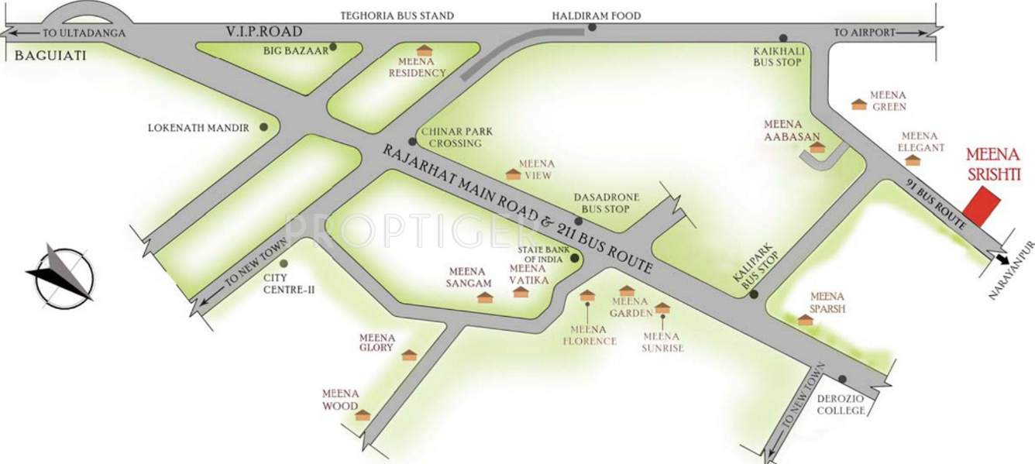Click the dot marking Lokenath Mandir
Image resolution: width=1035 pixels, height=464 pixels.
pyautogui.click(x=264, y=126)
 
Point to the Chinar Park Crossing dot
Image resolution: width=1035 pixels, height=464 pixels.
pyautogui.click(x=412, y=142)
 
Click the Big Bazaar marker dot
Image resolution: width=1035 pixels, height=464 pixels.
pyautogui.click(x=333, y=47)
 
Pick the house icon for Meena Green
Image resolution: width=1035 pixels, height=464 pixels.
pyautogui.click(x=858, y=104)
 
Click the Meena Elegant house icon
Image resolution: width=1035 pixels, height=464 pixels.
pyautogui.click(x=913, y=160)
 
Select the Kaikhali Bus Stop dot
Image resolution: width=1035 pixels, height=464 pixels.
pyautogui.click(x=783, y=37)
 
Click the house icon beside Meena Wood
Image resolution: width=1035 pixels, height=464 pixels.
pyautogui.click(x=363, y=415)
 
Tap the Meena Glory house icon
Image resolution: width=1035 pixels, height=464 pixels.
pyautogui.click(x=408, y=355)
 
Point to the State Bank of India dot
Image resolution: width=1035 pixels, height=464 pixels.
pyautogui.click(x=574, y=258)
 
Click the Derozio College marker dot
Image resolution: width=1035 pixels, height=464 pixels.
pyautogui.click(x=842, y=380)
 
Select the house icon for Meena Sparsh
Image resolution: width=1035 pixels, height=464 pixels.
pyautogui.click(x=806, y=319)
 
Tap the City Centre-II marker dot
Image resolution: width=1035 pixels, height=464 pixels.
pyautogui.click(x=284, y=263)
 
